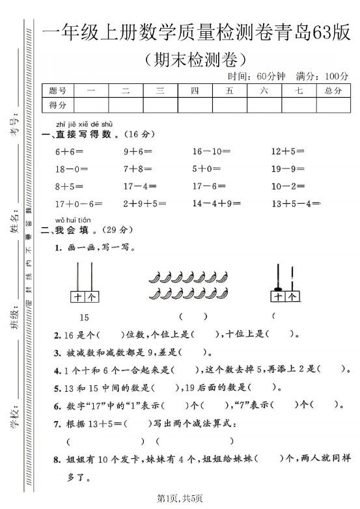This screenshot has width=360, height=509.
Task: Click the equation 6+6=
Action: pyautogui.click(x=67, y=152)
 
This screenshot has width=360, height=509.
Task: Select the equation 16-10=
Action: pyautogui.click(x=211, y=152)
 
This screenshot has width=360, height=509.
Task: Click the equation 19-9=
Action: pyautogui.click(x=288, y=169)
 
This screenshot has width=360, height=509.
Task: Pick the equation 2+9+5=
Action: pyautogui.click(x=145, y=204)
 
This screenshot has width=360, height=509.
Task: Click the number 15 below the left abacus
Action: pyautogui.click(x=84, y=318)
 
